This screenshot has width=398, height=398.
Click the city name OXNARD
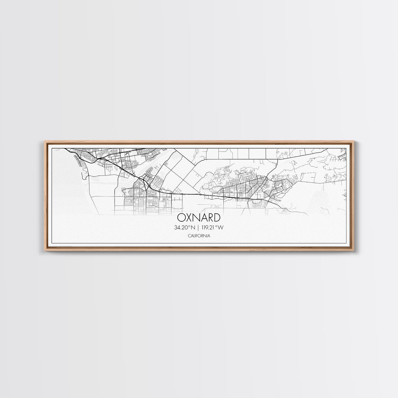(199, 218)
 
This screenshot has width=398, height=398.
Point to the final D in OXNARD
(217, 218)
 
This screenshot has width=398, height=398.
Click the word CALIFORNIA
(199, 236)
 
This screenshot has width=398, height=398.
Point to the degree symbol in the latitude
(191, 226)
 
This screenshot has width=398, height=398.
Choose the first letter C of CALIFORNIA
(189, 236)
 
